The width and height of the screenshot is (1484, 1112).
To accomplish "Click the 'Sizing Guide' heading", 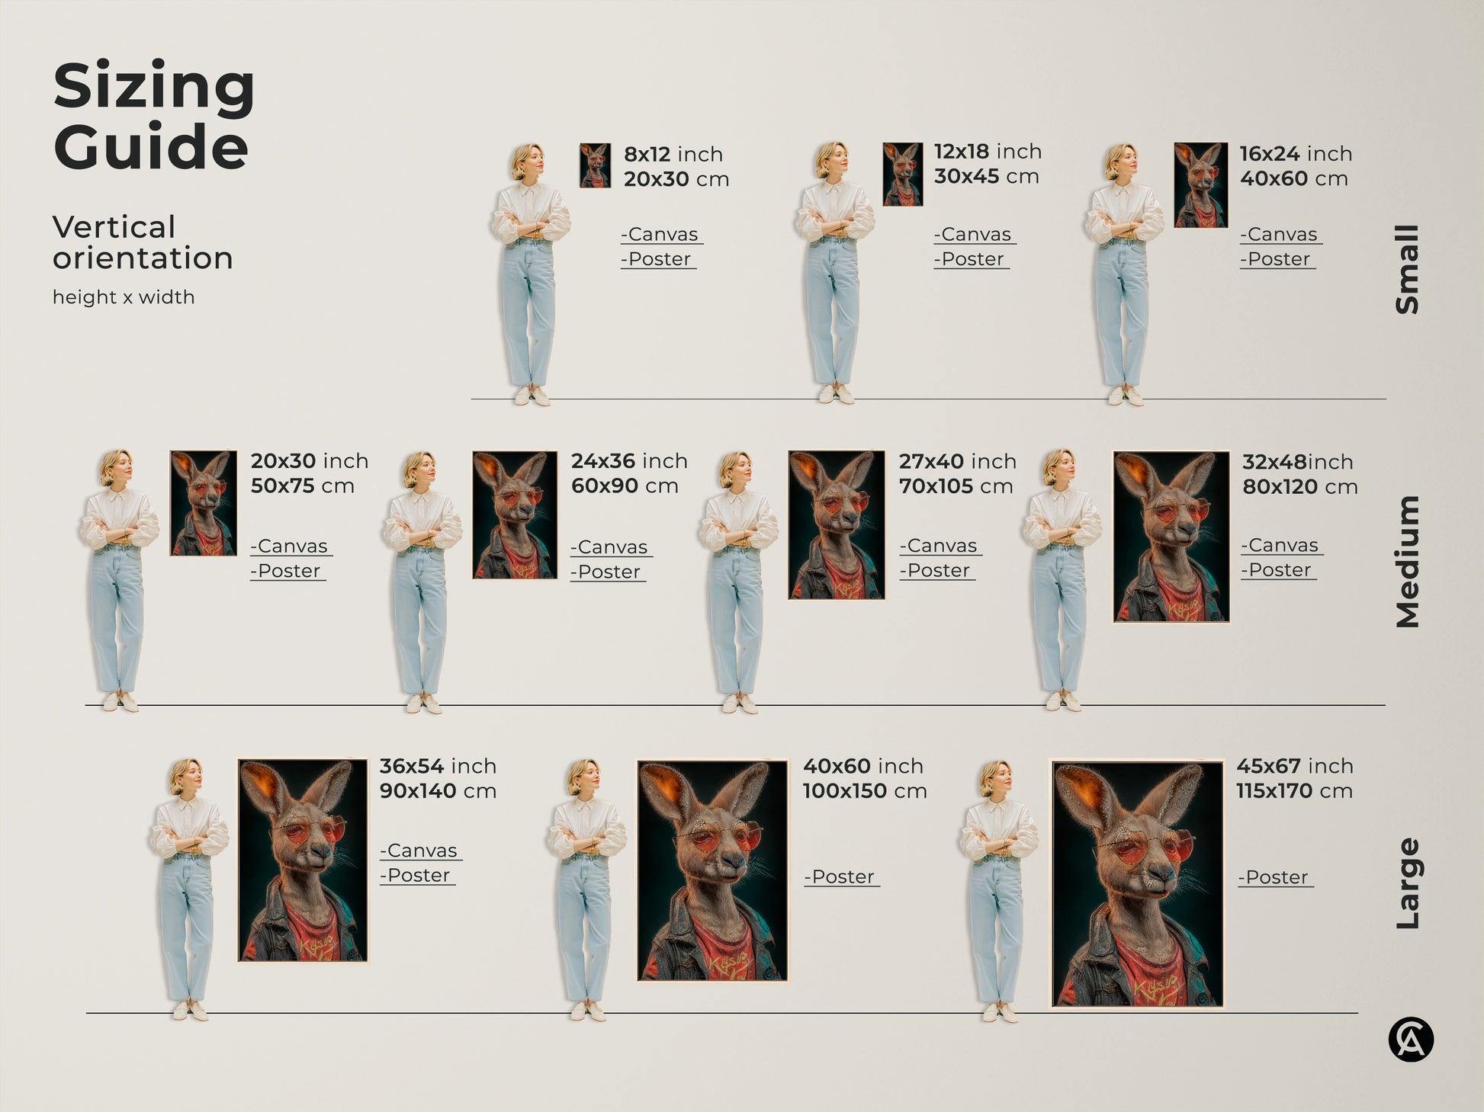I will coord(153,116).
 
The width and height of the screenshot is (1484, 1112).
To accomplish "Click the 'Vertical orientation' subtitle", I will coord(142,242).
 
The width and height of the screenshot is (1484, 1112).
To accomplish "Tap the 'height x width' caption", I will coord(124,297).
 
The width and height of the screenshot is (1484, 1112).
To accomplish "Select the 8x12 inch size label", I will coord(673,154).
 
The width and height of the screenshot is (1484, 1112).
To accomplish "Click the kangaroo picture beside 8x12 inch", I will coord(595,165).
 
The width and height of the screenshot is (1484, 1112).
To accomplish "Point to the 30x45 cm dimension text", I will coord(986,176).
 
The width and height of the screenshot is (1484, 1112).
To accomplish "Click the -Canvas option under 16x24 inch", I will coord(1280,235).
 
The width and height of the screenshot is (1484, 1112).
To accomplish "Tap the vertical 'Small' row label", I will coord(1407,269).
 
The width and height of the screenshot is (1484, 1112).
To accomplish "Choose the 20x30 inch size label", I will coord(309,461).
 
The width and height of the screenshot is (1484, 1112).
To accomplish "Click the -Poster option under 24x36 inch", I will coord(608,572).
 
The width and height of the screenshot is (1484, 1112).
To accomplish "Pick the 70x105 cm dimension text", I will coord(956,486).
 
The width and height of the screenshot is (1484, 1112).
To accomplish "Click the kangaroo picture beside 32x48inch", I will coord(1171,537).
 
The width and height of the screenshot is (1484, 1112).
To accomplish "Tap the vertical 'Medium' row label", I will coord(1407,562).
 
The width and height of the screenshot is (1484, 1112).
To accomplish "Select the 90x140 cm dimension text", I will coord(438,791).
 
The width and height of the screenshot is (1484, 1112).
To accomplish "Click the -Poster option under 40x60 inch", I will coord(841,877).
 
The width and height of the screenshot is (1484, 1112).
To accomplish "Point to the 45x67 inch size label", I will coord(1294,766).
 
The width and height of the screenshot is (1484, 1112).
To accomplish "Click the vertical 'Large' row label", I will coord(1407,883).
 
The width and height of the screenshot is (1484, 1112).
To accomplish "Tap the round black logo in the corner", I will coord(1410,1040).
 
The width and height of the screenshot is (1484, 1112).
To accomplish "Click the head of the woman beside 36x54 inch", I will coord(187,777).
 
